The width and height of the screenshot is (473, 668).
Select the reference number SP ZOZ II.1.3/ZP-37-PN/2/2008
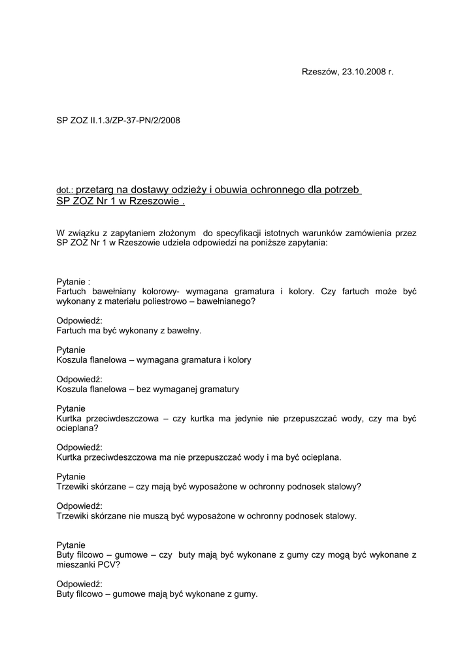tap(118, 120)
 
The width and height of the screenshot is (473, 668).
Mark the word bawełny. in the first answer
tap(183, 331)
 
